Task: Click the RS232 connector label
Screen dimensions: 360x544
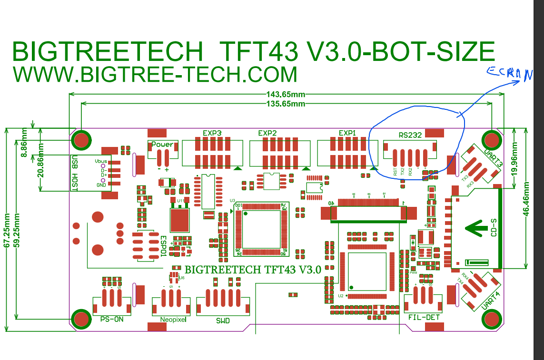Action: (410, 135)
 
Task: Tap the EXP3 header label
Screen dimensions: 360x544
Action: (212, 133)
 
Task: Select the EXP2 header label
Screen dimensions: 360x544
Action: (267, 133)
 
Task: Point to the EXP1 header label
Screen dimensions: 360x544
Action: (347, 133)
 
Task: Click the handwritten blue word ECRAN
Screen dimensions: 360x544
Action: (509, 74)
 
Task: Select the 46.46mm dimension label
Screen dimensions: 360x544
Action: (526, 199)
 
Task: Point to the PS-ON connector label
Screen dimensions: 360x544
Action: (112, 319)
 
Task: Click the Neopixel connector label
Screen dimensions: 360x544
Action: (173, 320)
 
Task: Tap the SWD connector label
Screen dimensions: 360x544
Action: (223, 321)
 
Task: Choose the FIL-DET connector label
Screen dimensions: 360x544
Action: (424, 317)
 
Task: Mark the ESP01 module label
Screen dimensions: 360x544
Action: (163, 246)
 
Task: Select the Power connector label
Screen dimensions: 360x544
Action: (162, 144)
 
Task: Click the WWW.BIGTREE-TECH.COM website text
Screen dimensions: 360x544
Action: (155, 75)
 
